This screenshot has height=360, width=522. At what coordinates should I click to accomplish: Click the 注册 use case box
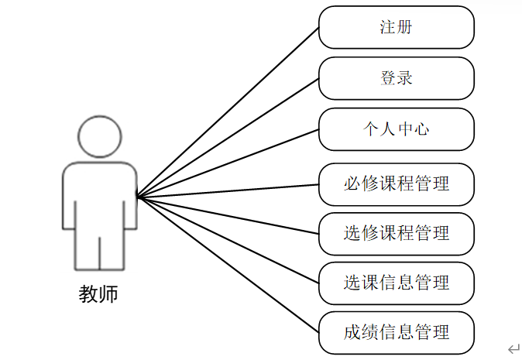click(396, 28)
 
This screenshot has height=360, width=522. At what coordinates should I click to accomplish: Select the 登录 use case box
click(396, 78)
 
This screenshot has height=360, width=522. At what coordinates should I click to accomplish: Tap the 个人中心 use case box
click(396, 129)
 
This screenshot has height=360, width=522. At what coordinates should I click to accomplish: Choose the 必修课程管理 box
click(396, 184)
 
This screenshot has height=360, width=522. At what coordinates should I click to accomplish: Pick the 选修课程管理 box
click(396, 233)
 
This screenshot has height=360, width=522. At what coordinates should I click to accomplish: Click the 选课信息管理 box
click(396, 282)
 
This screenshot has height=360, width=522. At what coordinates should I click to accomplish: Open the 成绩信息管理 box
click(396, 333)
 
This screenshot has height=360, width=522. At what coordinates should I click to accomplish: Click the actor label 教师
click(99, 295)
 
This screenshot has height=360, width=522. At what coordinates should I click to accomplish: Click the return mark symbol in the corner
click(512, 348)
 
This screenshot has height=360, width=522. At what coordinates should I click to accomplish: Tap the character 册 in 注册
click(405, 28)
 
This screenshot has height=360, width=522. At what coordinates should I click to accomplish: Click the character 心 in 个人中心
click(421, 129)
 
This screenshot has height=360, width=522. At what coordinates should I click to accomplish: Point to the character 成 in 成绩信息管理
click(352, 333)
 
